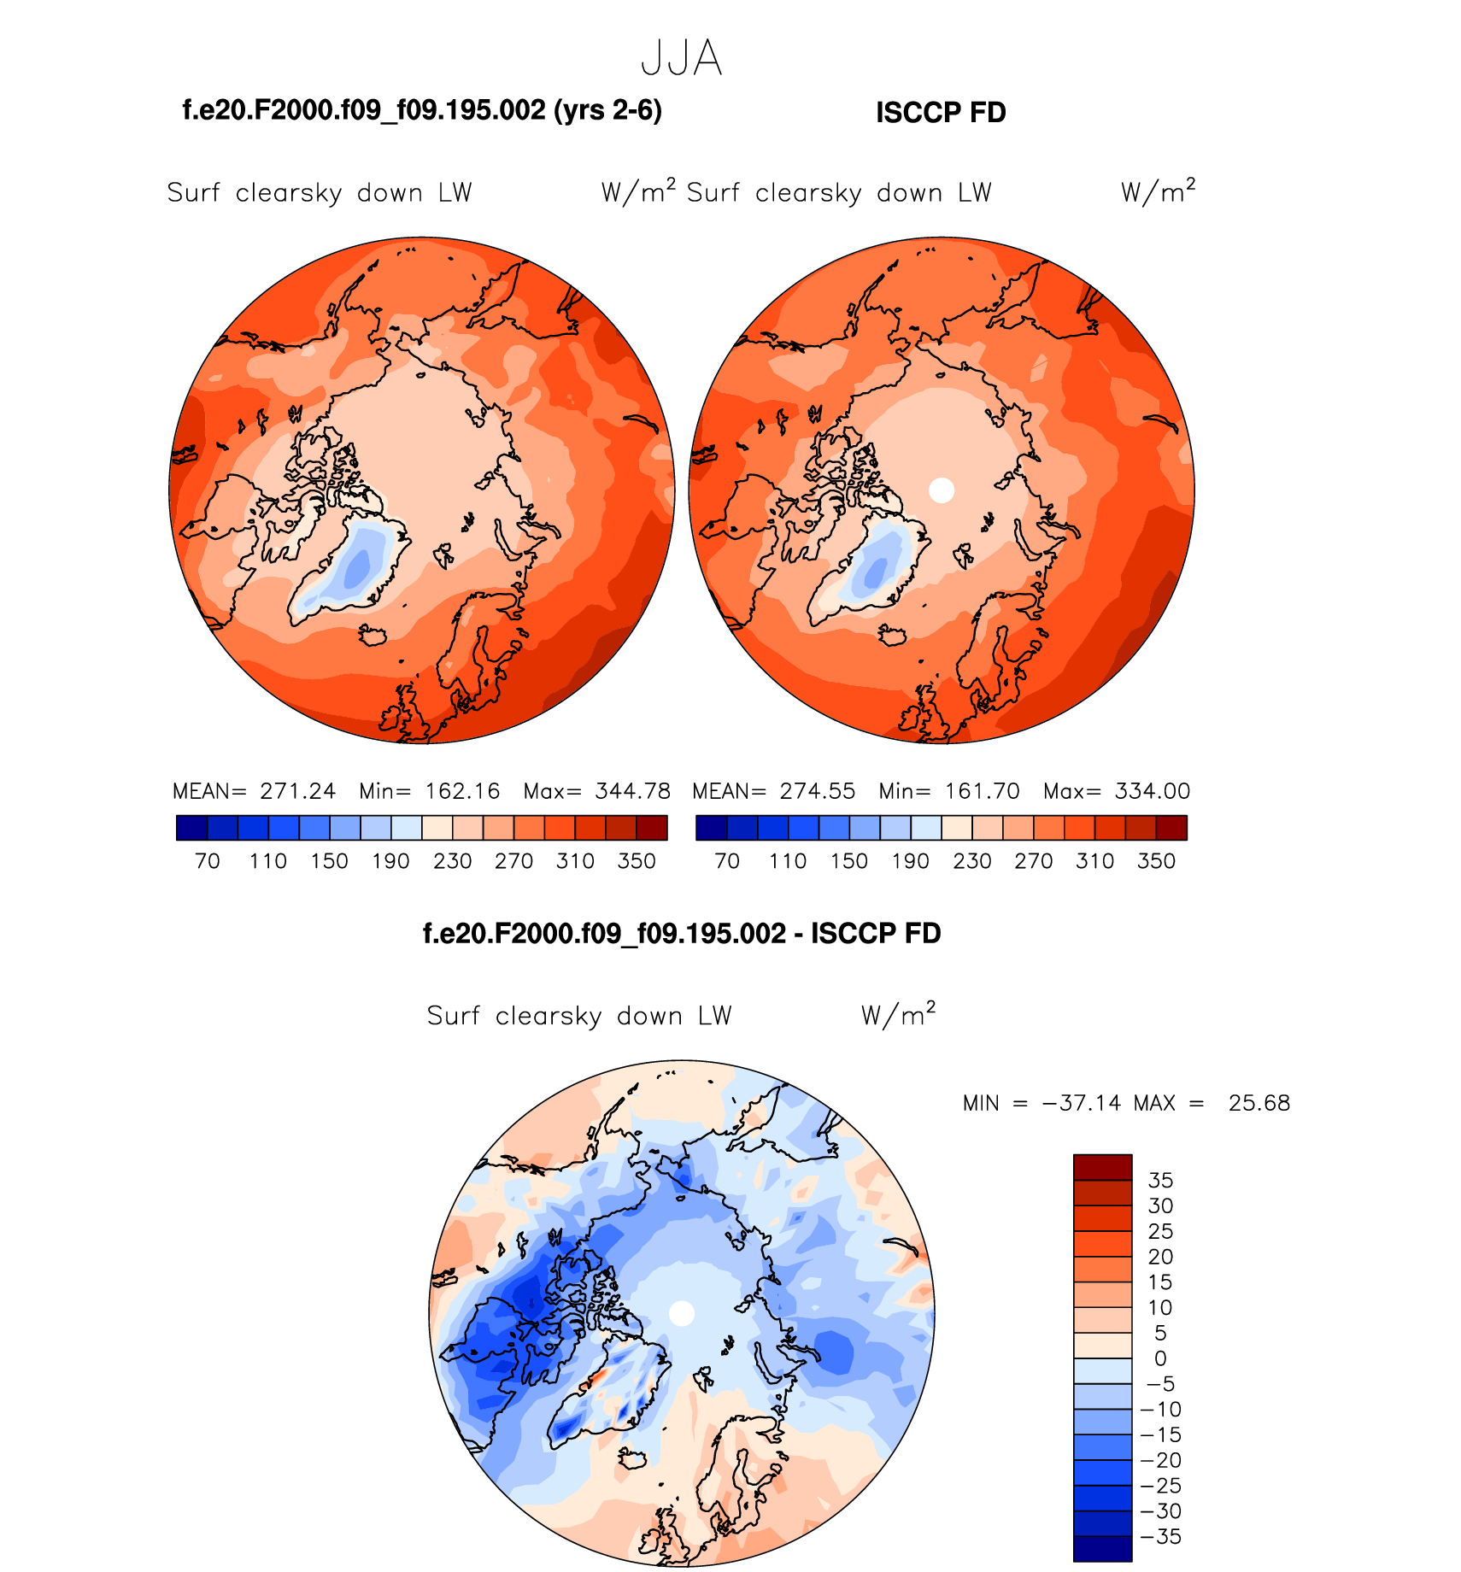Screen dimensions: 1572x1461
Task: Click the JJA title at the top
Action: point(681,59)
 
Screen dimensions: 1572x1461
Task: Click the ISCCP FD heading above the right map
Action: point(941,113)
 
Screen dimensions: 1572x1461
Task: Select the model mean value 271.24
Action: point(297,791)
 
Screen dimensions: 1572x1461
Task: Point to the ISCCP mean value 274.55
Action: point(817,791)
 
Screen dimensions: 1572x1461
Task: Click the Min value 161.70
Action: point(983,791)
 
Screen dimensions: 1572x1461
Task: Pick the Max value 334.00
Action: point(1152,791)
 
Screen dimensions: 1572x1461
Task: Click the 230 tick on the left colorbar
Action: point(452,861)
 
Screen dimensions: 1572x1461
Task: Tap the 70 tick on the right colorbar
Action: point(727,861)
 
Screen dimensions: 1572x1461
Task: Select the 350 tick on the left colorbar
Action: point(637,861)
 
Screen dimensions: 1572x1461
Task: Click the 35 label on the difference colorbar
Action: point(1160,1181)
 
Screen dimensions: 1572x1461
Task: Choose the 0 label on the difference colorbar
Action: point(1160,1358)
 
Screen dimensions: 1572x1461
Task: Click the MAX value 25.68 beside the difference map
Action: point(1259,1103)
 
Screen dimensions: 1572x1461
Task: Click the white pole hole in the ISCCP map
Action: point(941,490)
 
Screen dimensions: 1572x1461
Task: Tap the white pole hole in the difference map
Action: point(681,1313)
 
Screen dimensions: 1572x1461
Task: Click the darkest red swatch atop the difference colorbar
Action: point(1102,1167)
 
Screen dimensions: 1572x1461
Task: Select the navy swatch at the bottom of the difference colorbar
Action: point(1102,1549)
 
